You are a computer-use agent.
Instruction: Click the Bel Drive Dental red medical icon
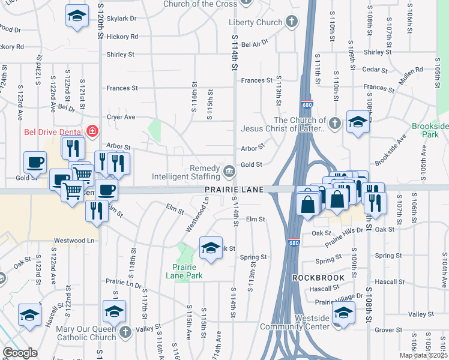click(92, 130)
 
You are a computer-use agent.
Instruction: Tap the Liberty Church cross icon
click(291, 23)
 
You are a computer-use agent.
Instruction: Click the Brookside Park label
click(430, 130)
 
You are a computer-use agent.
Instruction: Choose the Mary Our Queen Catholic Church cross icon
click(125, 332)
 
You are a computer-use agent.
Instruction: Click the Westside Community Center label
click(295, 322)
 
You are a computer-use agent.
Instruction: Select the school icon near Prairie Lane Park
click(211, 248)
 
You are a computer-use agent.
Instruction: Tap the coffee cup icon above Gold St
click(35, 161)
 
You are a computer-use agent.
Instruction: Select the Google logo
click(20, 353)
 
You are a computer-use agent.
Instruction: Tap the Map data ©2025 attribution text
click(423, 356)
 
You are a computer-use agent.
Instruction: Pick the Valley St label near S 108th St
click(420, 314)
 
